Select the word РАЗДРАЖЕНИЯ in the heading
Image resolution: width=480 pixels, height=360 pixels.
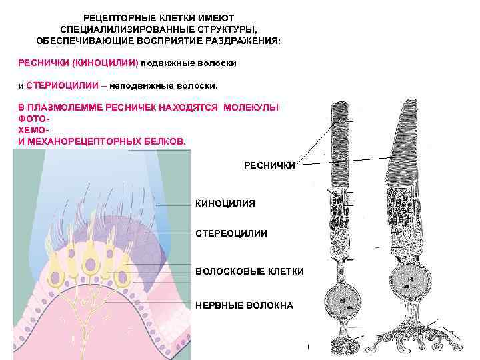pyautogui.click(x=247, y=41)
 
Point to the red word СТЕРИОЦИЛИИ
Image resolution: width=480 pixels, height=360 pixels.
pyautogui.click(x=64, y=86)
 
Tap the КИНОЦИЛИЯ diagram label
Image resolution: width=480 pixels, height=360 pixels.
pyautogui.click(x=225, y=203)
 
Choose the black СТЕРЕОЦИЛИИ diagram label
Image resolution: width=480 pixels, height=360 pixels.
pyautogui.click(x=231, y=233)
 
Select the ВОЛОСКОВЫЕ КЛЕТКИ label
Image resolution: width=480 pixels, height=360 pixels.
pyautogui.click(x=249, y=271)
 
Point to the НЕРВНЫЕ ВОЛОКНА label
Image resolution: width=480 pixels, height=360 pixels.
pyautogui.click(x=243, y=305)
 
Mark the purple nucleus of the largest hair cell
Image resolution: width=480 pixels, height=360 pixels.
pyautogui.click(x=89, y=265)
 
